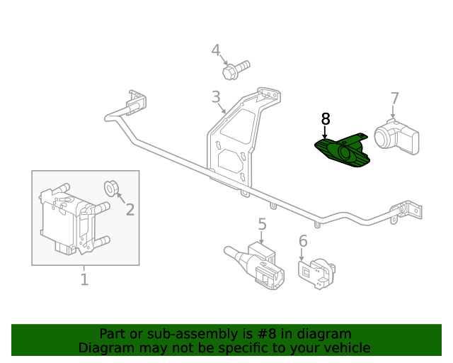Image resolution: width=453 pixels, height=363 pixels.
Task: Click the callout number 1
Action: tap(84, 279)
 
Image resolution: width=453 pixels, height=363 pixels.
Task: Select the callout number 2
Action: tap(130, 209)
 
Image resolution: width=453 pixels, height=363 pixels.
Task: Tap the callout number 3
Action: tap(215, 97)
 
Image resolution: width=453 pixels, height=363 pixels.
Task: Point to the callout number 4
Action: tap(216, 50)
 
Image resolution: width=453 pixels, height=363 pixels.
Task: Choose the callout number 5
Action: tap(262, 225)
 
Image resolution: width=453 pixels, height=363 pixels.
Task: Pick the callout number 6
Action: tap(303, 242)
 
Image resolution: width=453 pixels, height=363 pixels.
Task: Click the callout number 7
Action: tap(394, 99)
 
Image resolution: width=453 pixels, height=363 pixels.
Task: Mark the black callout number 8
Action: tap(325, 118)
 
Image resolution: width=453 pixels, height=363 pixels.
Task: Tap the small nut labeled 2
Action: tap(111, 189)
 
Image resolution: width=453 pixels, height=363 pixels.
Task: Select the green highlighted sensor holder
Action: tap(343, 151)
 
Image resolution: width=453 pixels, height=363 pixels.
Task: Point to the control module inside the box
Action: tap(71, 218)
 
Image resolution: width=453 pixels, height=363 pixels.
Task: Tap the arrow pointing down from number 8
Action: tap(325, 132)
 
